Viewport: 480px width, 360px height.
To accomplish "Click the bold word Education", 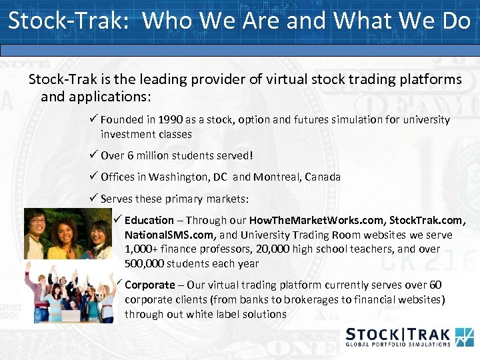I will pos(149,220).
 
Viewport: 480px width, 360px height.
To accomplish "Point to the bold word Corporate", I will pos(149,285).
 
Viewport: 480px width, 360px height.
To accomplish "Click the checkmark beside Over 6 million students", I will pos(94,155).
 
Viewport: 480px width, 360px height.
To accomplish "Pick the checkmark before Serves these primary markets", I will pos(94,198).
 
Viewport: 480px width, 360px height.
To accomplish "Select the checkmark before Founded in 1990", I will pos(94,119).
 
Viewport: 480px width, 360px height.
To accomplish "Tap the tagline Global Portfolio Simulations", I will pos(397,345).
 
